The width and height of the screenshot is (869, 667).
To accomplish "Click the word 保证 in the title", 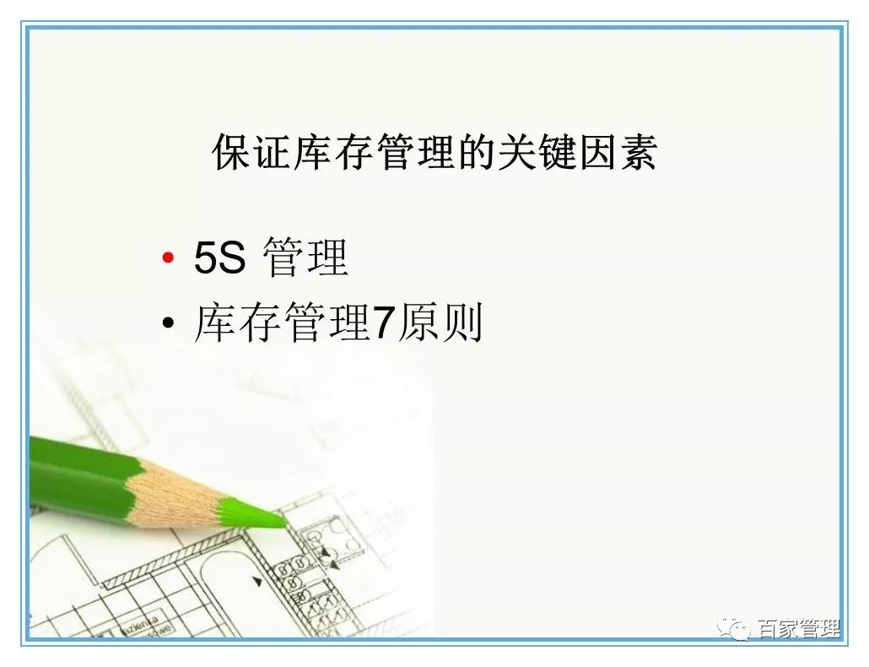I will coord(252,153).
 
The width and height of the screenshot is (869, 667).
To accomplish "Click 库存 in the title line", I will coord(337,153).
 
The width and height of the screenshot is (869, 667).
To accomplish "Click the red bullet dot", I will coord(169,258).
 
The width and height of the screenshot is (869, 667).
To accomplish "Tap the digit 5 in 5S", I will coord(206,258).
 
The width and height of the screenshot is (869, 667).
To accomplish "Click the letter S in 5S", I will coord(232,258).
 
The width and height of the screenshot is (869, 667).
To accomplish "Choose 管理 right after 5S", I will coord(305,258).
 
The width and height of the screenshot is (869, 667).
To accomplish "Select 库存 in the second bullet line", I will coord(237,323).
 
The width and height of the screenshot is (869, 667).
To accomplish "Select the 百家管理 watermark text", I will coord(798,629).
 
